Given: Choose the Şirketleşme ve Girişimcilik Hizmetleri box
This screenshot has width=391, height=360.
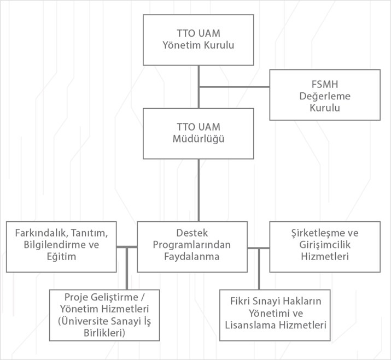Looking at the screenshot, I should pyautogui.click(x=324, y=246).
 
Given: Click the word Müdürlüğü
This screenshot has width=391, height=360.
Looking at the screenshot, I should pyautogui.click(x=199, y=139).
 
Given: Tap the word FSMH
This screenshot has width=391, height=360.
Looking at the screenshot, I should pyautogui.click(x=324, y=85).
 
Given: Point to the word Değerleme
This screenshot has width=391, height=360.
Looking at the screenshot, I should pyautogui.click(x=324, y=96).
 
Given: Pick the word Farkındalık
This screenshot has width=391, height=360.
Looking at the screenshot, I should pyautogui.click(x=38, y=233).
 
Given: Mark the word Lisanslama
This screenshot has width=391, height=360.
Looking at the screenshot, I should pyautogui.click(x=249, y=325).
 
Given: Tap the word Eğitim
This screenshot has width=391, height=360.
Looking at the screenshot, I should pyautogui.click(x=61, y=257).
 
